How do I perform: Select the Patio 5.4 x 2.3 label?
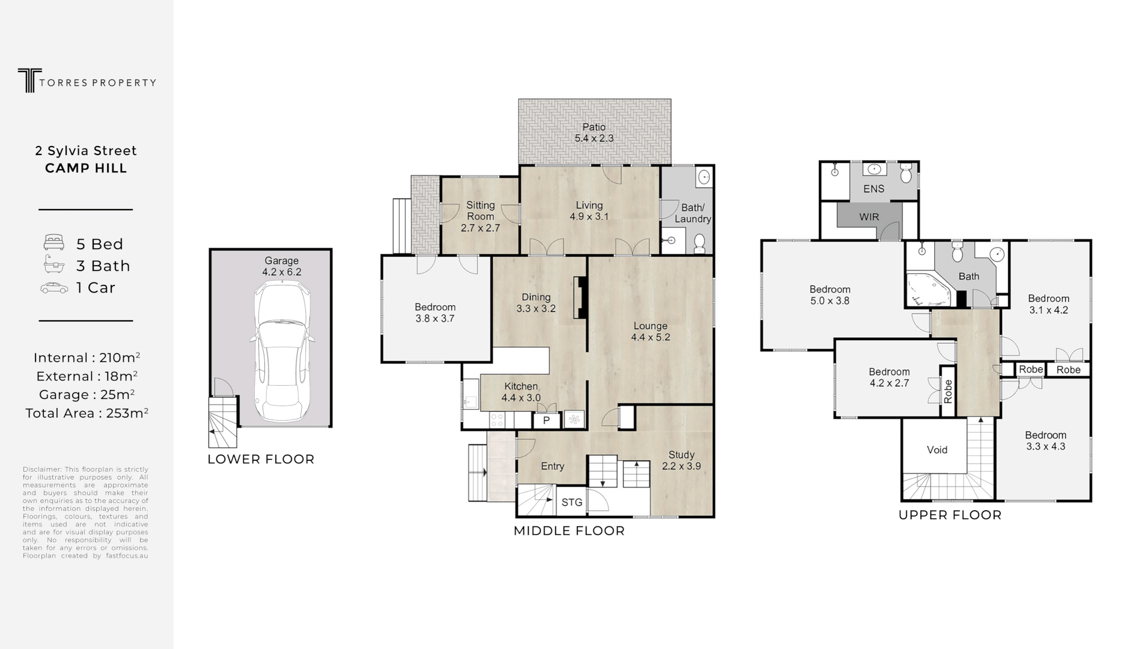coord(594,132)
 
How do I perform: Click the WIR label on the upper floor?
coord(868,217)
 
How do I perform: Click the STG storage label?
coord(571,502)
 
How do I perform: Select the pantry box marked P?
coord(547,420)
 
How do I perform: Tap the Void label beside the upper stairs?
coord(937,449)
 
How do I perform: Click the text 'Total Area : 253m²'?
coord(87,413)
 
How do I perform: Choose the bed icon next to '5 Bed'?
coord(53,243)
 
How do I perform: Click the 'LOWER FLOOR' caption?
coord(261,459)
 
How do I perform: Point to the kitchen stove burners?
coord(497,419)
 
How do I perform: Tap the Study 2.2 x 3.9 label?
coord(681,460)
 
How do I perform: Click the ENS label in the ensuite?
coord(874,189)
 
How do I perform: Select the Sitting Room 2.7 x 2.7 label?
coord(480,216)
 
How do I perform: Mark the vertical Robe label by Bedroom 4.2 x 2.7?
coord(948,391)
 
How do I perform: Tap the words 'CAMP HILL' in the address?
coord(86,168)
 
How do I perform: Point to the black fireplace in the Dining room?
coord(580,297)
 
